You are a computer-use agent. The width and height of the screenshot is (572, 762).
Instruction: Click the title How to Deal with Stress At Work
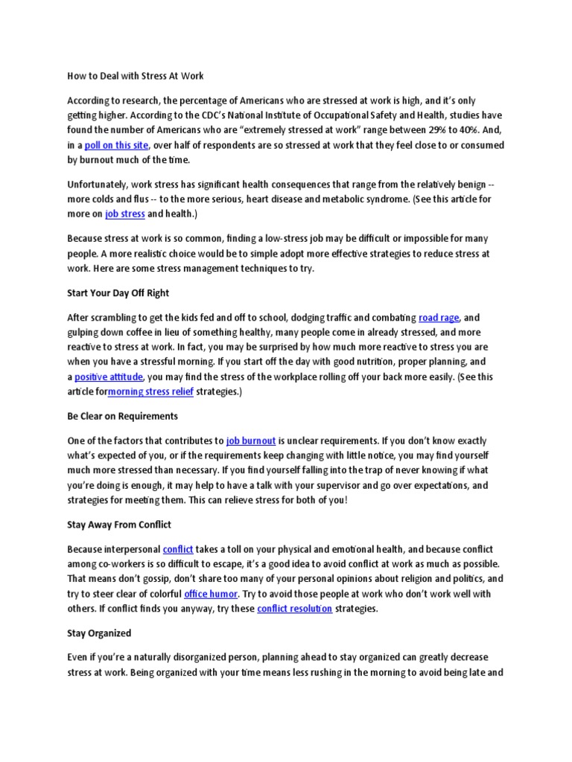[135, 75]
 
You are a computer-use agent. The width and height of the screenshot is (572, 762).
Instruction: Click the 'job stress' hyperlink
[124, 214]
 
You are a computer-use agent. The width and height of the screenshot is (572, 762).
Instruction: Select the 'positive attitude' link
[109, 377]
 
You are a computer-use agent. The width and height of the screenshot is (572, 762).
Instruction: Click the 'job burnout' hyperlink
[251, 440]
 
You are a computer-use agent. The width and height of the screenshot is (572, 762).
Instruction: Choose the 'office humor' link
[211, 593]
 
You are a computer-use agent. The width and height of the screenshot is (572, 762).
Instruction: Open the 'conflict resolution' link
[294, 608]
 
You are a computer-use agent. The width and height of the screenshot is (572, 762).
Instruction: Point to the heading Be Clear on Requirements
[122, 416]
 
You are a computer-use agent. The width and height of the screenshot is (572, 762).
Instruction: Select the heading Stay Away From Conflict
[119, 525]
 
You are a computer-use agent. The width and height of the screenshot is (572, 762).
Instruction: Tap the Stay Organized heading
[99, 633]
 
